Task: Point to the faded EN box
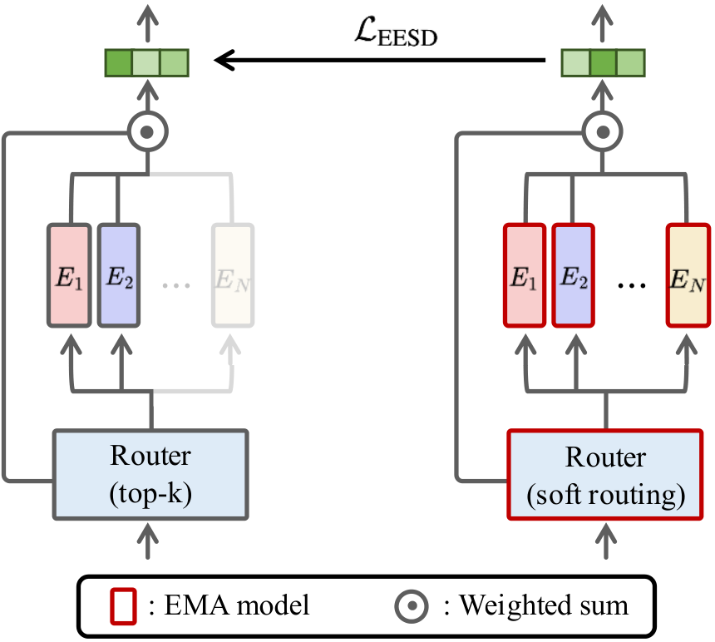click(x=232, y=274)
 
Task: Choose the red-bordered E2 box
click(x=573, y=274)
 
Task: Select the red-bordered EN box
click(x=688, y=274)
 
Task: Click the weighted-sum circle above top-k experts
click(x=149, y=131)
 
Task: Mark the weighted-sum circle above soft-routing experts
click(x=604, y=131)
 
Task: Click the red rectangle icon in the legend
click(x=122, y=605)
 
